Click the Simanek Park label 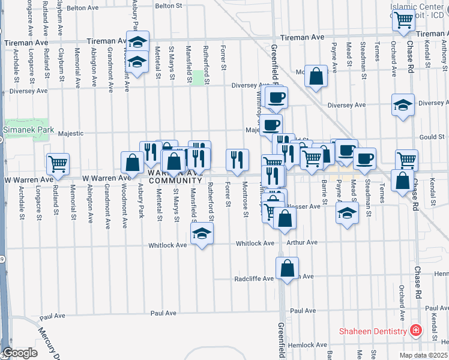(28, 130)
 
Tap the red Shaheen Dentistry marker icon (415, 331)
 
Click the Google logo (20, 353)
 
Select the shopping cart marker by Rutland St (58, 163)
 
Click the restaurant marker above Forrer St (237, 159)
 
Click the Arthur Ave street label (302, 242)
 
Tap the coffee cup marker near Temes (364, 158)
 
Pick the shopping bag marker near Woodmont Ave (131, 162)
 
